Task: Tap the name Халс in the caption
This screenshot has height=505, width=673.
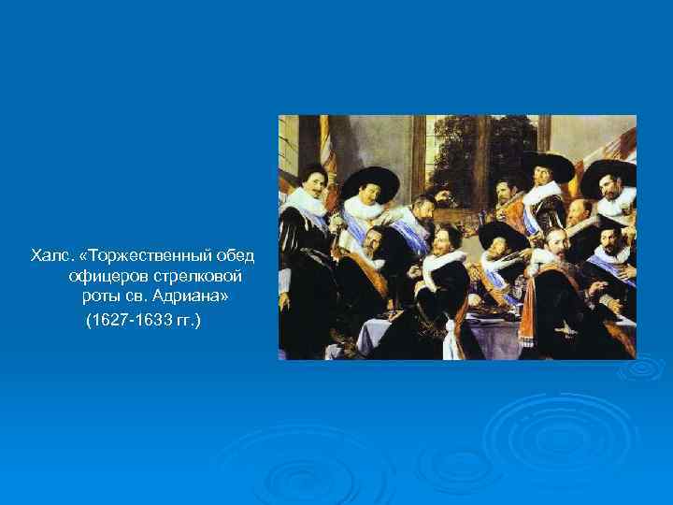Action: pyautogui.click(x=48, y=256)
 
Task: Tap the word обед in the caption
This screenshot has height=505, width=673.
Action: pyautogui.click(x=235, y=256)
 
